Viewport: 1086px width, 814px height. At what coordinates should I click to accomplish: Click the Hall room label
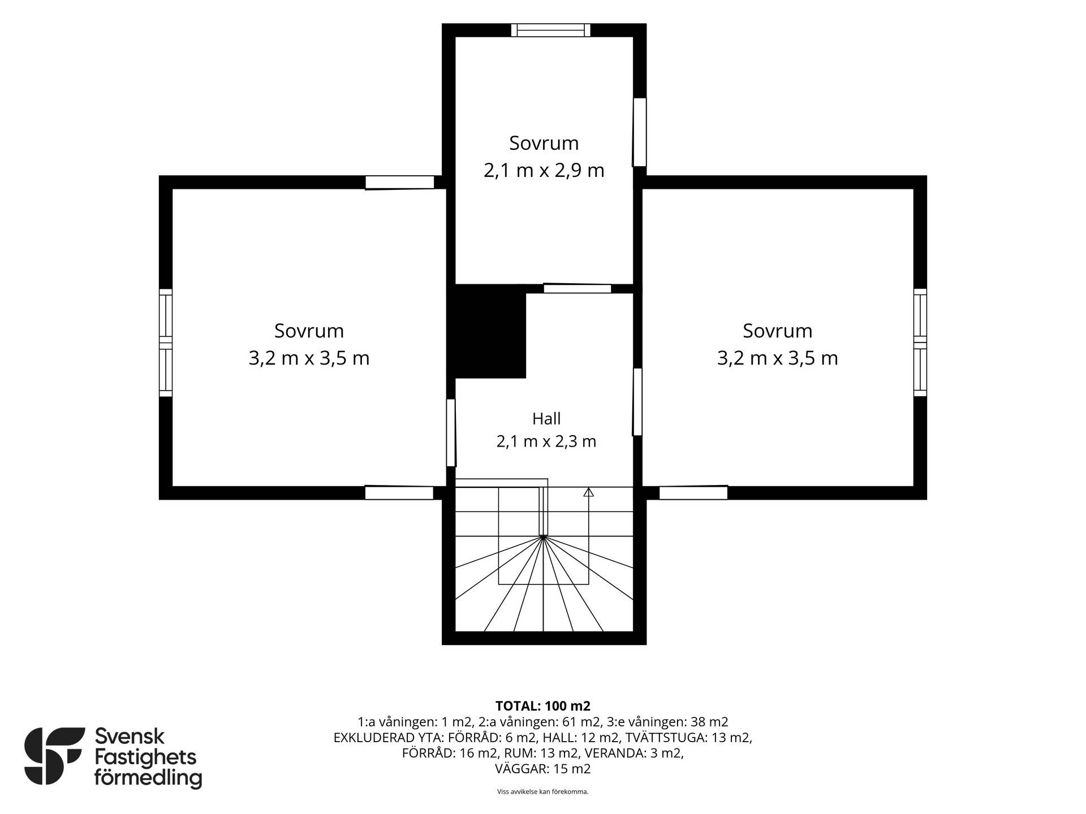pyautogui.click(x=546, y=419)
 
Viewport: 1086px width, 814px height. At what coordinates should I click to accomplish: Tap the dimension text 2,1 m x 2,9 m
pyautogui.click(x=544, y=170)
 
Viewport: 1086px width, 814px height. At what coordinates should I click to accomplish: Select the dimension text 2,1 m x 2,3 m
pyautogui.click(x=546, y=441)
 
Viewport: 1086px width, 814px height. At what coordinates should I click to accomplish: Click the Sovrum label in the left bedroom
pyautogui.click(x=309, y=331)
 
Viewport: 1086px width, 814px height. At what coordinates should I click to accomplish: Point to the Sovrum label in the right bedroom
pyautogui.click(x=778, y=331)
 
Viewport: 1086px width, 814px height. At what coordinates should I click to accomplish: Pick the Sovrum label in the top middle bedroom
pyautogui.click(x=544, y=143)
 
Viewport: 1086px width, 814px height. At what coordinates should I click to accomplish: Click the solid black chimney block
pyautogui.click(x=490, y=331)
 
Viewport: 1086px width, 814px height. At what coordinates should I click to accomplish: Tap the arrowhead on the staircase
pyautogui.click(x=588, y=492)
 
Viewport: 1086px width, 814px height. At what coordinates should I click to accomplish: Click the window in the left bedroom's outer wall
pyautogui.click(x=165, y=343)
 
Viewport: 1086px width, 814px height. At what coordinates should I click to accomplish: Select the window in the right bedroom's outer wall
pyautogui.click(x=920, y=343)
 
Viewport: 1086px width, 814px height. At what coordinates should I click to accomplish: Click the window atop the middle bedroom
pyautogui.click(x=551, y=30)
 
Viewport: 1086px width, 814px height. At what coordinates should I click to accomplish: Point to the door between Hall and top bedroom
pyautogui.click(x=578, y=288)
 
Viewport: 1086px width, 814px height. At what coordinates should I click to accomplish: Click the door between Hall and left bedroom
pyautogui.click(x=451, y=433)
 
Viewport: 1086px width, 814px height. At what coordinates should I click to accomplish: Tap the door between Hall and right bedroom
pyautogui.click(x=637, y=402)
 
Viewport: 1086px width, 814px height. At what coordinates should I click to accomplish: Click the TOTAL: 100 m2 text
pyautogui.click(x=543, y=706)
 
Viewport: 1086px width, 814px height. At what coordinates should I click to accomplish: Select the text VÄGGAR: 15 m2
pyautogui.click(x=543, y=769)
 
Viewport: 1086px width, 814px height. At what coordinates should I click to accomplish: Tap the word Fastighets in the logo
pyautogui.click(x=145, y=758)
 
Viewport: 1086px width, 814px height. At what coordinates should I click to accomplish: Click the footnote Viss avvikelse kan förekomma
pyautogui.click(x=543, y=792)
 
